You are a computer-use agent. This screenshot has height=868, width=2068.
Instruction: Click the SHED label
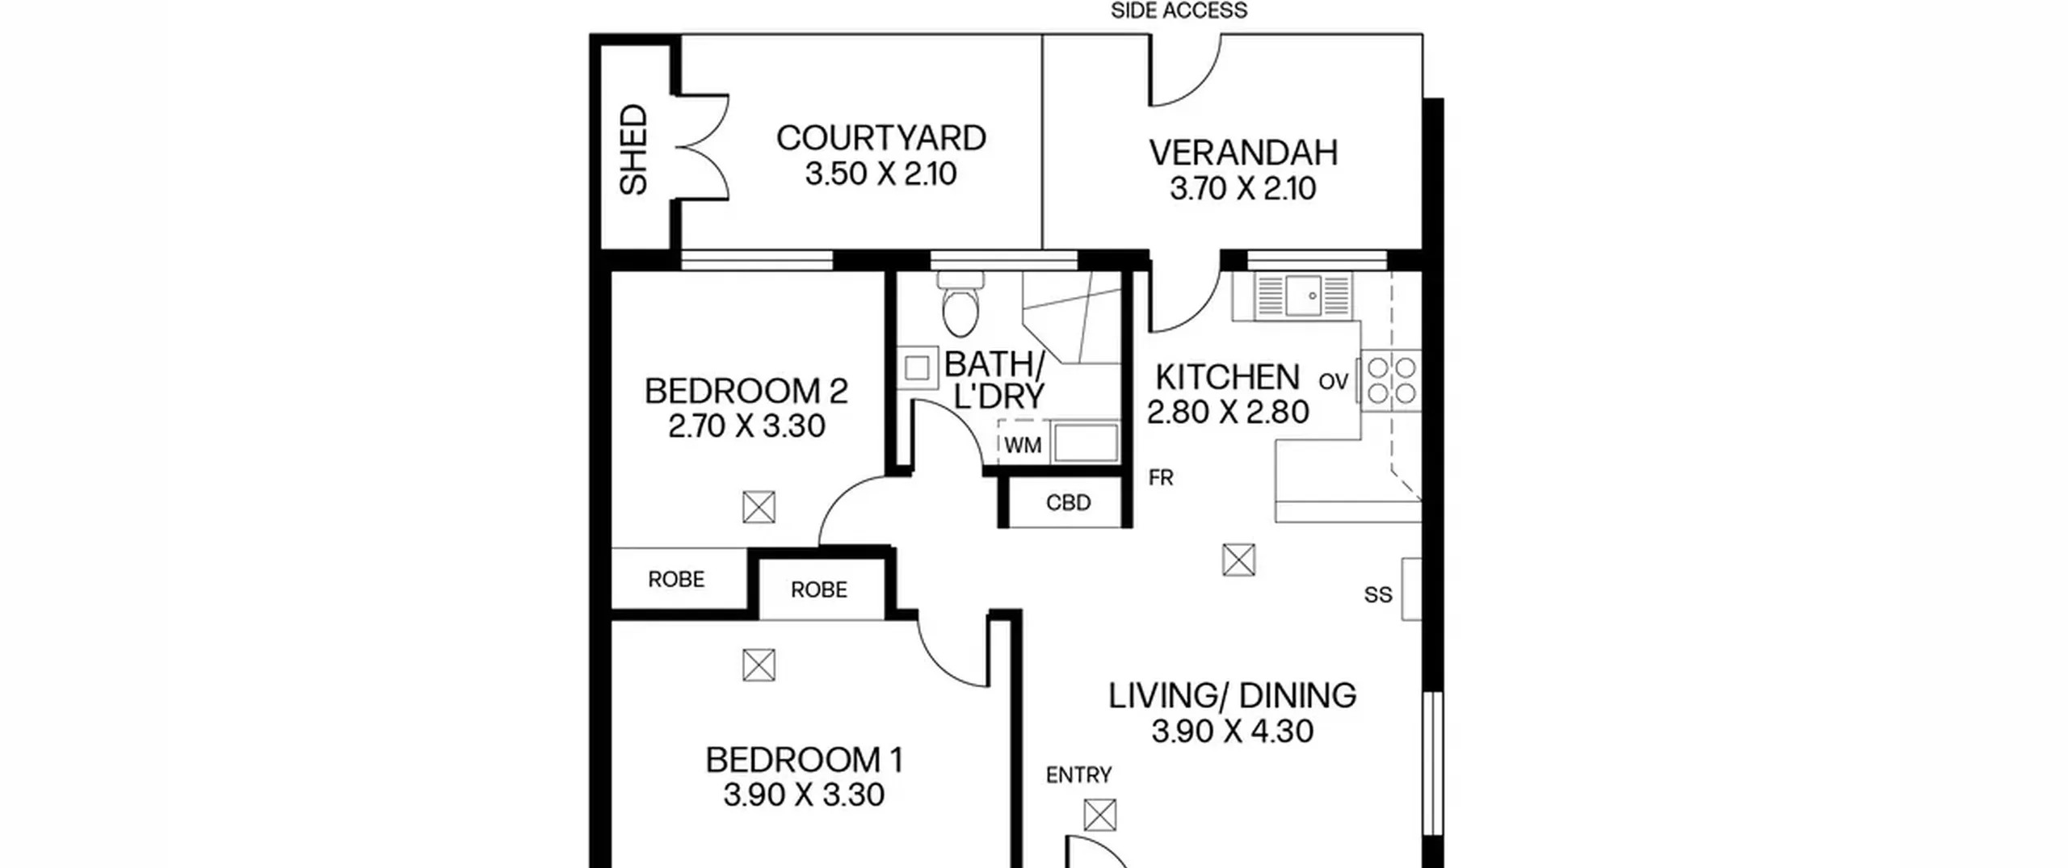pos(633,149)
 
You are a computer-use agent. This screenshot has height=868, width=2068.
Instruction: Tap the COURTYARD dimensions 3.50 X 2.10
pos(881,174)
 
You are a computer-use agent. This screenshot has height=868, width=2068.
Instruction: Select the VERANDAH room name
pos(1243,153)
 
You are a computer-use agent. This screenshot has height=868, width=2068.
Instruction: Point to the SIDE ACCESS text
pos(1179,10)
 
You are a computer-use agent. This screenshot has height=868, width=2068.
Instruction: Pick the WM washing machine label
pos(1023,446)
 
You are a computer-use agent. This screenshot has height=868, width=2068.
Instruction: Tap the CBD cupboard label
pos(1068,503)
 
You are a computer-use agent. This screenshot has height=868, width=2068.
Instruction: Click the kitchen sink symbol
pos(1304,295)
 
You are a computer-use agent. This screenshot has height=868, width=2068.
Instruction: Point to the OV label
pos(1334,381)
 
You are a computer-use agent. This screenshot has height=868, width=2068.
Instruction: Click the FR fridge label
pos(1161,478)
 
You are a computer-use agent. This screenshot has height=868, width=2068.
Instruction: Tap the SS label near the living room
pos(1378,595)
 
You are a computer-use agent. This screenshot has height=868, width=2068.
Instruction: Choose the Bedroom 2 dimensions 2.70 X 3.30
pos(746,426)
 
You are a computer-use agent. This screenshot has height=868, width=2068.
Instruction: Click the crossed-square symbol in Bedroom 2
pos(759,507)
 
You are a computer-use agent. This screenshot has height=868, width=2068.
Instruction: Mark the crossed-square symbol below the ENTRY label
pos(1100,815)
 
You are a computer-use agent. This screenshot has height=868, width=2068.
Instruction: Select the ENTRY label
pos(1078,776)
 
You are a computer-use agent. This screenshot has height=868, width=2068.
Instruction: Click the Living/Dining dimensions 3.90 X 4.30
pos(1232,731)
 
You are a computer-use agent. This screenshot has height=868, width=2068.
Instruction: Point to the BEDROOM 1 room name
pos(804,760)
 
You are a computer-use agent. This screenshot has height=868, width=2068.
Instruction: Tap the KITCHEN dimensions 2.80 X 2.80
pos(1228,412)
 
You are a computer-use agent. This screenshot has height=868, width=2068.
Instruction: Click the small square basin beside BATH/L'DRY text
pos(916,368)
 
